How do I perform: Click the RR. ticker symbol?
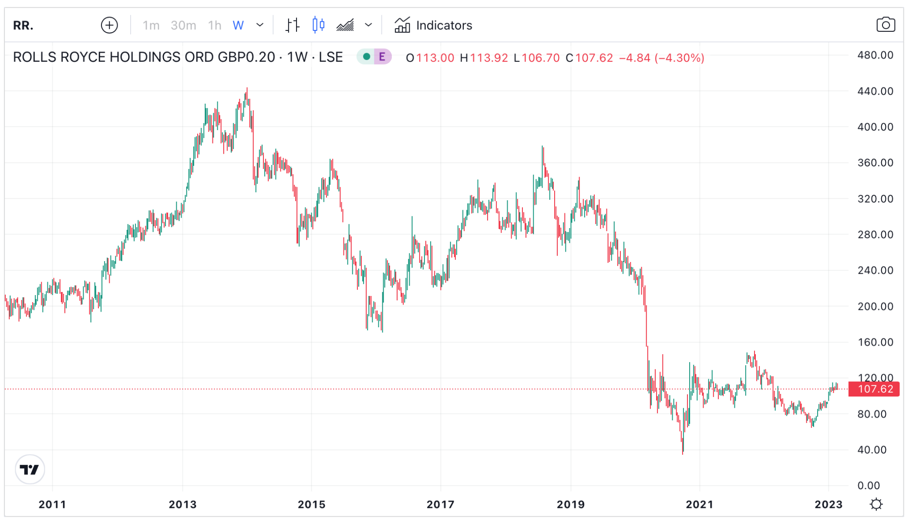click(23, 25)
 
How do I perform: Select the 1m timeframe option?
click(151, 25)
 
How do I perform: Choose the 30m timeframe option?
click(183, 25)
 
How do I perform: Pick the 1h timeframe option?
click(215, 25)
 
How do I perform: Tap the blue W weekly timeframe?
click(238, 25)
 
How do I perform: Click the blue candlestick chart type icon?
click(318, 25)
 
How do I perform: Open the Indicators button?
click(433, 25)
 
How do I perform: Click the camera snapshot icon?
click(885, 25)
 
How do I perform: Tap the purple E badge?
click(382, 57)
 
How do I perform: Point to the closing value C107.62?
click(589, 58)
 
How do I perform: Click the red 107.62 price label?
click(875, 389)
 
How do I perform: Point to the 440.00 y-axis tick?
click(875, 91)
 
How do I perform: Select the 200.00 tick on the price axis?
click(875, 307)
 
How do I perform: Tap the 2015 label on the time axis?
click(312, 505)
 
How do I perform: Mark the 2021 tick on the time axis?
click(700, 505)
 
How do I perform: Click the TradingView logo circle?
click(30, 469)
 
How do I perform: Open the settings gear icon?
click(876, 505)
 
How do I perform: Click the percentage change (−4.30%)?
click(679, 58)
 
